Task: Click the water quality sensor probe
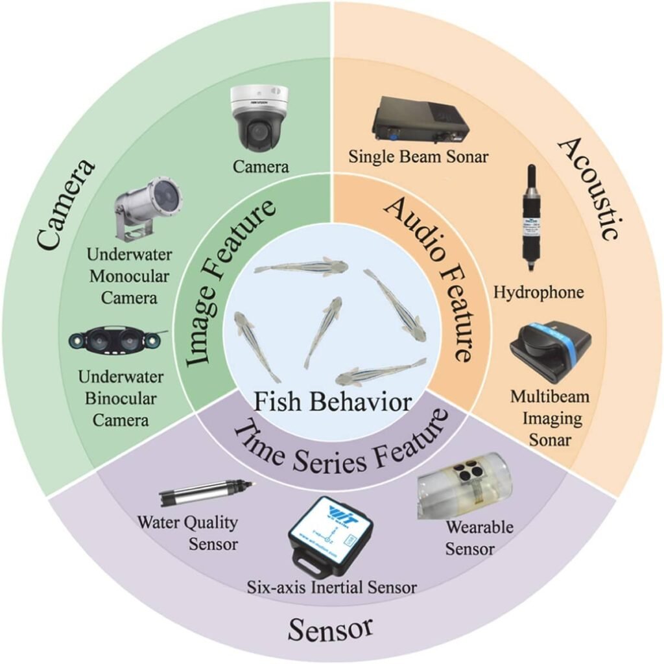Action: pyautogui.click(x=204, y=494)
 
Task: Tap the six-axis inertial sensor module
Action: pyautogui.click(x=327, y=538)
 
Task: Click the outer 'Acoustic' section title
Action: pyautogui.click(x=589, y=188)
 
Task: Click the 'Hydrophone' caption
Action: pyautogui.click(x=538, y=292)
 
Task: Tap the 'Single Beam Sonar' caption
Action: pyautogui.click(x=418, y=156)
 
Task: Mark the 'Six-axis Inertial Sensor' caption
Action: pyautogui.click(x=331, y=587)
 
